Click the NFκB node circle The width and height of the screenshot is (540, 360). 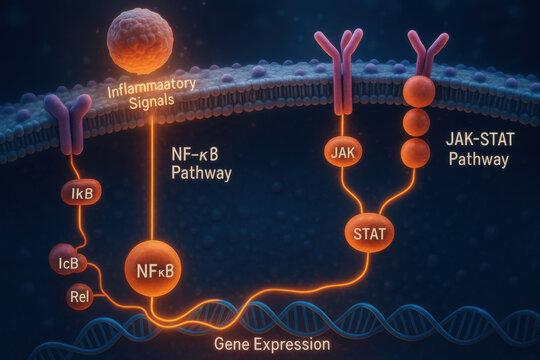[153, 267]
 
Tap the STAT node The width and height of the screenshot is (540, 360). [369, 235]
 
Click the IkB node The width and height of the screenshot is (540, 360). [82, 191]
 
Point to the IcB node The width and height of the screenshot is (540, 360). [68, 263]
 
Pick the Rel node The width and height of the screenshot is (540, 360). [80, 296]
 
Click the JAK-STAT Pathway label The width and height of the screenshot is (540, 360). [477, 149]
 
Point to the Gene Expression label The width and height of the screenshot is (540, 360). [272, 344]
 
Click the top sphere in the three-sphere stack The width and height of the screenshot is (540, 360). [419, 91]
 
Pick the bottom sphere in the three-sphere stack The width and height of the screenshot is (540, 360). [415, 153]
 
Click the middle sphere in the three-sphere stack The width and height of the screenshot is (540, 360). [416, 123]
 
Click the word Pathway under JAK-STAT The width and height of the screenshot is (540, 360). [477, 159]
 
